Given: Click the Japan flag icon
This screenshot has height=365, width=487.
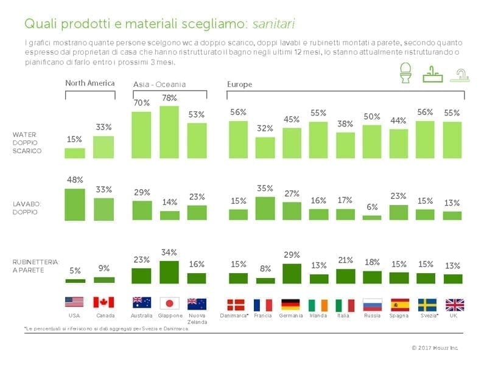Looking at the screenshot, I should (x=169, y=304).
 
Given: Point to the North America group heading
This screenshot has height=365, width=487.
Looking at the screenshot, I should (x=89, y=83).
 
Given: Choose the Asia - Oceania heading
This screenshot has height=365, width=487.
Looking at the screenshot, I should (x=159, y=84).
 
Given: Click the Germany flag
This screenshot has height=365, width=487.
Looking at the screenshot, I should (x=292, y=304).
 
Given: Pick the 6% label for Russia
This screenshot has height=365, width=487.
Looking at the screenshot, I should (x=372, y=207).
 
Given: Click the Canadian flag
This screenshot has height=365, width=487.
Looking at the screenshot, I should (x=103, y=302).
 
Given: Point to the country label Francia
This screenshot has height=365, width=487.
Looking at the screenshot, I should (x=263, y=316).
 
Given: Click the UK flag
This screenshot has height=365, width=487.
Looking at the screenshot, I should (x=455, y=304).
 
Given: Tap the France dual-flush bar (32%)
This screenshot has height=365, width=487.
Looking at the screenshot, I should (x=265, y=147).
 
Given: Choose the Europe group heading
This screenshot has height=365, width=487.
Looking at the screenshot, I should (x=239, y=84).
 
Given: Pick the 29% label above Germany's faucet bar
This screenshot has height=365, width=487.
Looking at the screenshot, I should (x=292, y=254).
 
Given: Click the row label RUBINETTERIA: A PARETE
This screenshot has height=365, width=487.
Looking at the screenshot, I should (x=36, y=265).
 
